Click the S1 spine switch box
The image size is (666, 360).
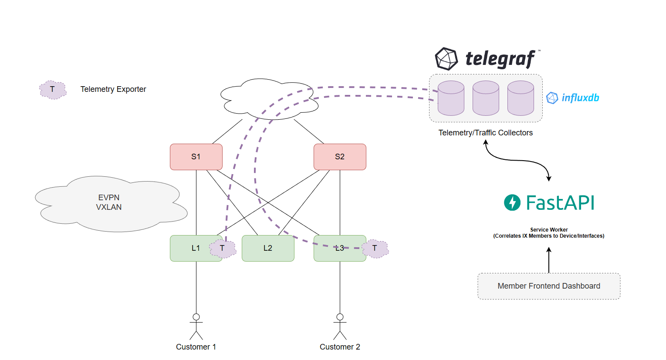196,157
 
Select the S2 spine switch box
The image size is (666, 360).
340,157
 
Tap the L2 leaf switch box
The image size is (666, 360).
268,248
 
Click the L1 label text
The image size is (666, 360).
196,248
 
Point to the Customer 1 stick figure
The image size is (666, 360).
196,326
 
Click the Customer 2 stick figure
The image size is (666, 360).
340,326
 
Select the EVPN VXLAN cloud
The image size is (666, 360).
109,203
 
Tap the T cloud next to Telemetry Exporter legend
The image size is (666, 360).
53,90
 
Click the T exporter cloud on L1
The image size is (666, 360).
223,249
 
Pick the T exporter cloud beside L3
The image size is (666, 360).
375,249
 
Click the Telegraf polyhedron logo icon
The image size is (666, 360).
446,59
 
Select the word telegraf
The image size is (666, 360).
500,59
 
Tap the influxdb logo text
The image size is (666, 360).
580,98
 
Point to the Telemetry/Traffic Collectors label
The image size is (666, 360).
485,133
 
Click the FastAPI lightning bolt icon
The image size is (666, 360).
512,202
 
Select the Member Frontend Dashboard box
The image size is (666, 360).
549,286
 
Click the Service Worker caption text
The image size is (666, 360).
549,233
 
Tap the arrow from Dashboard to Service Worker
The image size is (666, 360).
549,260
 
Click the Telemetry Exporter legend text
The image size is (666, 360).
113,89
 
